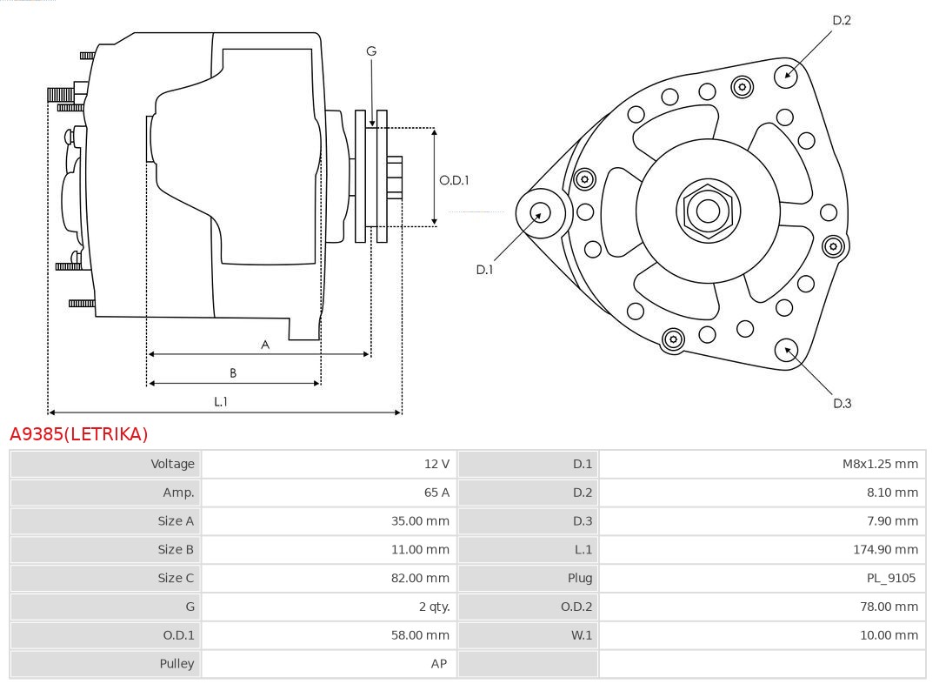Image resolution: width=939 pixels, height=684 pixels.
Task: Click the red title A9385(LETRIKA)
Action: (79, 433)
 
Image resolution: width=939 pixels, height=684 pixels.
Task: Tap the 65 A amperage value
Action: (436, 493)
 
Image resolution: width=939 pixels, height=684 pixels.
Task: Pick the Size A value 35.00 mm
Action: (420, 521)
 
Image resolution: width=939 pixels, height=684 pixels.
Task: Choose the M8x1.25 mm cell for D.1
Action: (880, 464)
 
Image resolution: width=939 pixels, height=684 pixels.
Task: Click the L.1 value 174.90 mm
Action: (885, 549)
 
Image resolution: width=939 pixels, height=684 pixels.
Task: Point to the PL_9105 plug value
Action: (890, 578)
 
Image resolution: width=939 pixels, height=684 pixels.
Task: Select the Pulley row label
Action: (176, 663)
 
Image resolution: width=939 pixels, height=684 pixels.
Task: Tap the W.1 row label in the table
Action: (581, 635)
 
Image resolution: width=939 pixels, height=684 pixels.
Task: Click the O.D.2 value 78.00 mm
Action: (887, 607)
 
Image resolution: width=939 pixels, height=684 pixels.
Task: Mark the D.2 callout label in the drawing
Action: (842, 20)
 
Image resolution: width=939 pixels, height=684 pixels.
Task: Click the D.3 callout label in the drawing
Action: (842, 403)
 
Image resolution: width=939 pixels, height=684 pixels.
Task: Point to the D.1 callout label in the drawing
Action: (484, 270)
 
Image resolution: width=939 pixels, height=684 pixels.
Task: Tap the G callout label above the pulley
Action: (371, 51)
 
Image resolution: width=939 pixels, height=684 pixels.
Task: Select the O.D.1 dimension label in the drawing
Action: (454, 180)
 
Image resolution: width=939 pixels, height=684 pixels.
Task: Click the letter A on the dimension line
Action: (265, 345)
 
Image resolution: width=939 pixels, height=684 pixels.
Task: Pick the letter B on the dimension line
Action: (233, 373)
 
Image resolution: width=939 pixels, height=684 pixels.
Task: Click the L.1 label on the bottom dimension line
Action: (221, 401)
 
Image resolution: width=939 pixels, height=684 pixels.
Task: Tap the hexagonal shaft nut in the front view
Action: (708, 211)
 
